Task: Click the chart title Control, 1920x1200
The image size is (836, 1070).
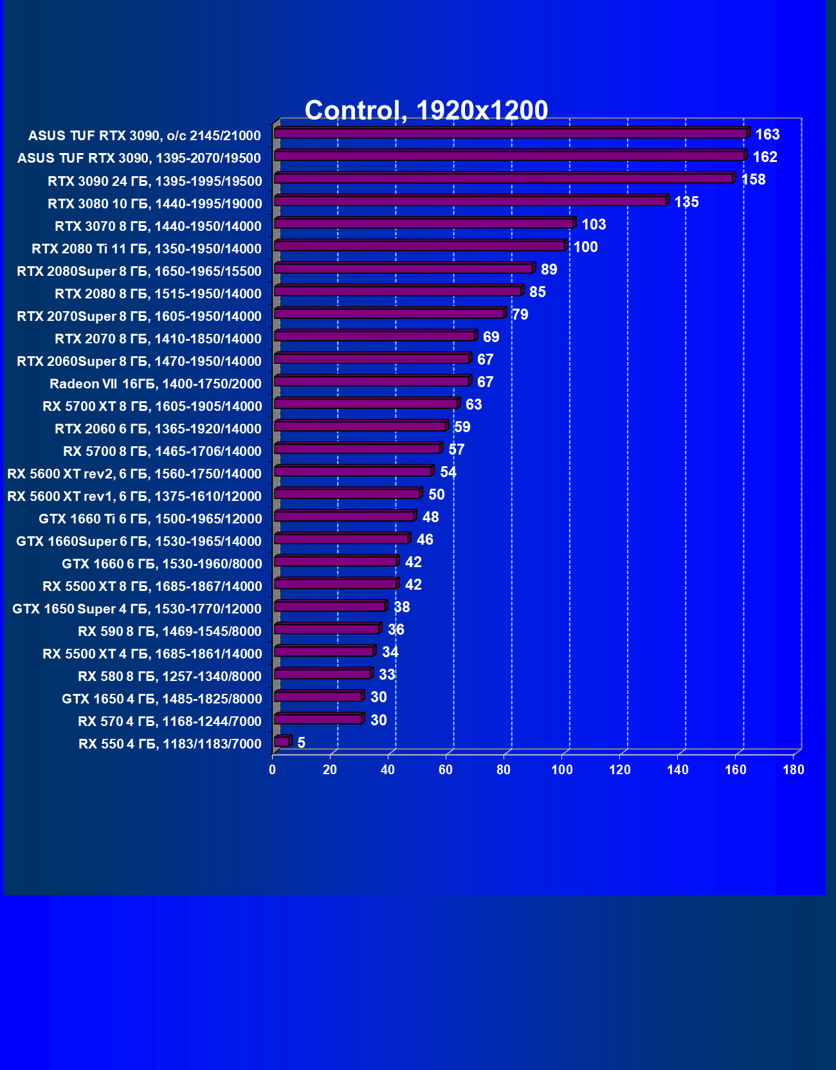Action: pyautogui.click(x=426, y=111)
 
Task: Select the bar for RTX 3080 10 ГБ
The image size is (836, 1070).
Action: pyautogui.click(x=470, y=201)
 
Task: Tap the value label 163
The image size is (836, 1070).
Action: pyautogui.click(x=767, y=134)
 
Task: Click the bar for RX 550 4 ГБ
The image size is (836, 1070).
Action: pyautogui.click(x=282, y=742)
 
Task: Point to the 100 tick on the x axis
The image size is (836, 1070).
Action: pyautogui.click(x=562, y=770)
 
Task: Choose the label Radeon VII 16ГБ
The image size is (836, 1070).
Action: pyautogui.click(x=156, y=384)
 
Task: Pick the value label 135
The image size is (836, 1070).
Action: pyautogui.click(x=686, y=202)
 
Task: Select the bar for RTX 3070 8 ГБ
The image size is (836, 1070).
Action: pyautogui.click(x=424, y=224)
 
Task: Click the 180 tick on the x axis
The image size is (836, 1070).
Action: pyautogui.click(x=794, y=770)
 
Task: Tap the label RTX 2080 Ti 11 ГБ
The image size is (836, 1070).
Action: pyautogui.click(x=147, y=249)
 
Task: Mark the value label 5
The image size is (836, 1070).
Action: pyautogui.click(x=301, y=743)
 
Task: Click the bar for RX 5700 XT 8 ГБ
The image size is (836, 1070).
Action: pyautogui.click(x=366, y=404)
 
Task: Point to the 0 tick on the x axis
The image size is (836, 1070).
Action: pyautogui.click(x=273, y=770)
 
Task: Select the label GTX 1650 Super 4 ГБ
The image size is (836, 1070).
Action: pyautogui.click(x=137, y=609)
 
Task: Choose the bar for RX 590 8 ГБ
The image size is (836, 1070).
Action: pyautogui.click(x=327, y=629)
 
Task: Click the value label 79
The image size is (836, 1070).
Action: pyautogui.click(x=520, y=314)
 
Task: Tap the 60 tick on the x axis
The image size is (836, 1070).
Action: pyautogui.click(x=446, y=770)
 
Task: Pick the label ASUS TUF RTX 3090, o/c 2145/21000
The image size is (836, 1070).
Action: pyautogui.click(x=145, y=136)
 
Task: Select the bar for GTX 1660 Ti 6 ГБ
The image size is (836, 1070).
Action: pyautogui.click(x=344, y=516)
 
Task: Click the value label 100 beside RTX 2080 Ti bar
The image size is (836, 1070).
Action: pyautogui.click(x=585, y=247)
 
